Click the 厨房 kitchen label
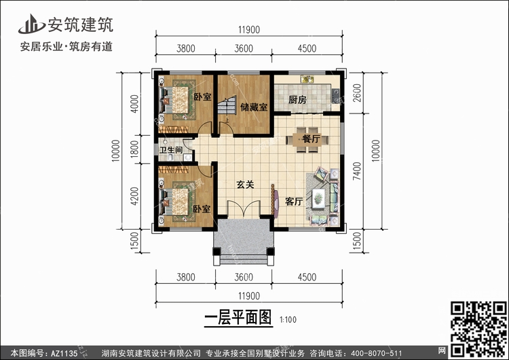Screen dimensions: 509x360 [x=297, y=100]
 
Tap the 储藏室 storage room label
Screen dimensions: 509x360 [x=254, y=107]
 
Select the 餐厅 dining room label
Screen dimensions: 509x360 [x=311, y=139]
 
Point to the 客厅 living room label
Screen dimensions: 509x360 [x=294, y=202]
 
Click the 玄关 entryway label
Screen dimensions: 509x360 [x=245, y=185]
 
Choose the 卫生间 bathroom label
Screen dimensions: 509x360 [x=171, y=150]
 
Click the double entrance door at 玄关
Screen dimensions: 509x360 [x=244, y=210]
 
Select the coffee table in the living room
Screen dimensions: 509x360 [x=318, y=198]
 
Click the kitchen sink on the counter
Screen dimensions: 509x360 [x=307, y=79]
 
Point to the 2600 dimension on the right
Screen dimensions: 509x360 [x=357, y=93]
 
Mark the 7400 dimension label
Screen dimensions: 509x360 [x=357, y=171]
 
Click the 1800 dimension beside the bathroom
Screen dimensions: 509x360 [x=134, y=149]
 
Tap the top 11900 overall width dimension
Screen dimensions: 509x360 [x=249, y=30]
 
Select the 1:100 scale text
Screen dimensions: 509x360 [x=288, y=320]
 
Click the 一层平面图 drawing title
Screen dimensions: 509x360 [x=238, y=317]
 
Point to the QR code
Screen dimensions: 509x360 [x=478, y=329]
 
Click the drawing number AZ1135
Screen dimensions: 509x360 [x=64, y=353]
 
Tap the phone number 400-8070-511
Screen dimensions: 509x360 [x=377, y=353]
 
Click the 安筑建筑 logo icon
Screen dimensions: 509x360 [x=31, y=24]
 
